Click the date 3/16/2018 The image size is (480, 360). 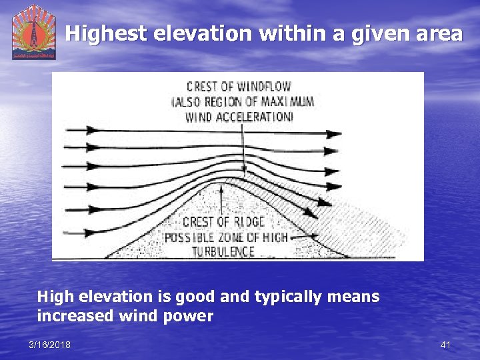point(50,345)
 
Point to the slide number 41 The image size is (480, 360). point(445,345)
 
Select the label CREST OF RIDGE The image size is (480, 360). point(223,222)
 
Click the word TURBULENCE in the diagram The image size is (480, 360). point(224,251)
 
